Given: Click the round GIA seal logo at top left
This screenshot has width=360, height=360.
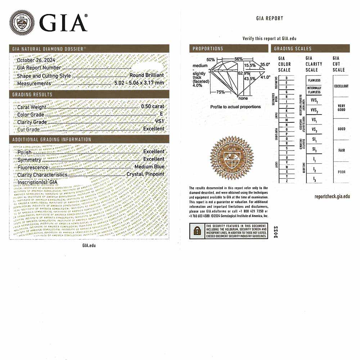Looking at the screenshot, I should point(22,23).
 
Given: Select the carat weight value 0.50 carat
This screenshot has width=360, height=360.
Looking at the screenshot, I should point(153,107).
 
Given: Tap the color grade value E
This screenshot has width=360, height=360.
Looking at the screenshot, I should point(162,114).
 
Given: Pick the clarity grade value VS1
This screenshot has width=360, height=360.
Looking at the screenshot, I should point(159,122).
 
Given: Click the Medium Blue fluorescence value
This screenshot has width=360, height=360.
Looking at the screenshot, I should point(149,167).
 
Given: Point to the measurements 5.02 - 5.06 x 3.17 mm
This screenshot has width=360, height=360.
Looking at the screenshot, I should point(139,83).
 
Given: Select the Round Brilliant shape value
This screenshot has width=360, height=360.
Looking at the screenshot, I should point(147,76).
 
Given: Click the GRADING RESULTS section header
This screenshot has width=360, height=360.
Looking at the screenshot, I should point(32,94).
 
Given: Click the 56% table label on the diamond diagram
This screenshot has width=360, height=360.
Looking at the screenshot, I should point(238,59).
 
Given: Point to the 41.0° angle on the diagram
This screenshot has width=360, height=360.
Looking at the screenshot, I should point(265,77).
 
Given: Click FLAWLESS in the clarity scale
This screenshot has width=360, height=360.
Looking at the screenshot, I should point(314,80).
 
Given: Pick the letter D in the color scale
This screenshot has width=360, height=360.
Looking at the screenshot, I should point(286,78).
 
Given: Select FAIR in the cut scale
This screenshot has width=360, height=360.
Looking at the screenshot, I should point(341,150).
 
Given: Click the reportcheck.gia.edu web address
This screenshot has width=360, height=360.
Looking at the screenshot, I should point(332,196).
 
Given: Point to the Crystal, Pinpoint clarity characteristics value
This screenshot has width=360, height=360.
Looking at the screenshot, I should point(145,174).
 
